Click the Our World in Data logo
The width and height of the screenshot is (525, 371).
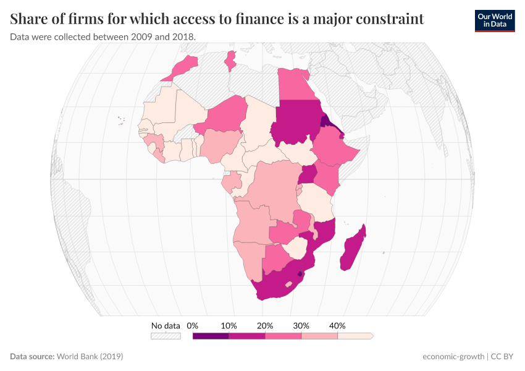tap(494, 21)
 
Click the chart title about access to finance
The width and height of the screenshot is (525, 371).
tap(217, 19)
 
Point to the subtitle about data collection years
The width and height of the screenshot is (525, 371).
tap(103, 37)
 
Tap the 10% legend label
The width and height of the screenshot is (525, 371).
tap(229, 326)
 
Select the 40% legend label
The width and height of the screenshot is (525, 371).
tap(337, 326)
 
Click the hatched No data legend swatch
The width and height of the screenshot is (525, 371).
tap(166, 336)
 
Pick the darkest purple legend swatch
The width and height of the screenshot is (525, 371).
tap(211, 336)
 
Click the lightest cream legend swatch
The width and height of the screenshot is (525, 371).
tap(355, 336)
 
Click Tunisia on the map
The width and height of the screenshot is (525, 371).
tap(230, 61)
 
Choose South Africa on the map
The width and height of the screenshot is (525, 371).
tap(281, 284)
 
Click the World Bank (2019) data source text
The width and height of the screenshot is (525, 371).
tap(90, 357)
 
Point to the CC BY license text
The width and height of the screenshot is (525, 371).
tap(503, 357)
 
